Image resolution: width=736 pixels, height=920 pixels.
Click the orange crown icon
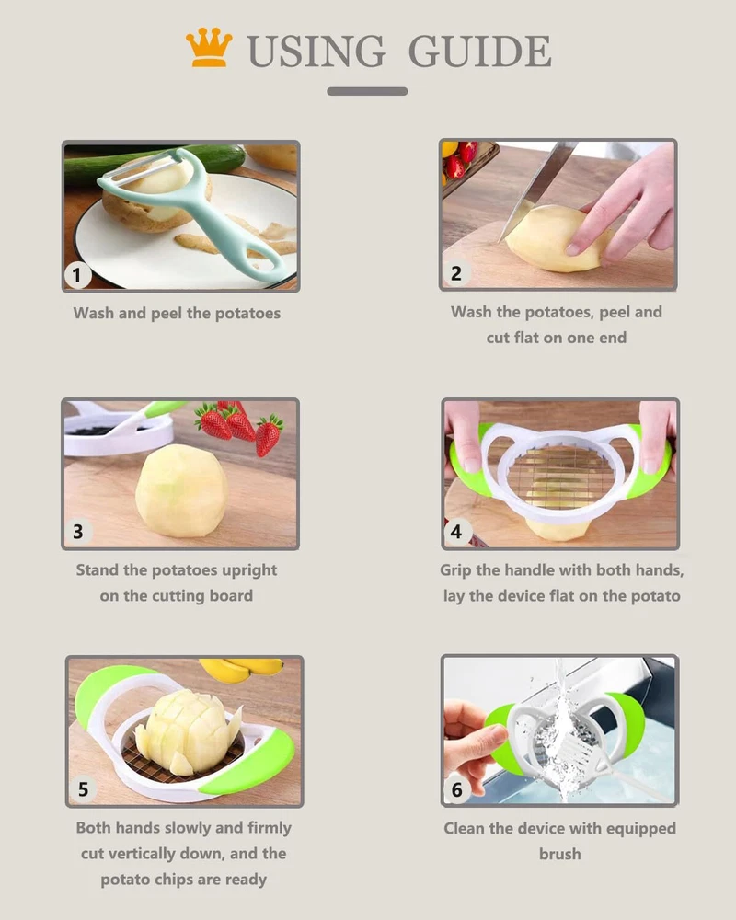point(208,47)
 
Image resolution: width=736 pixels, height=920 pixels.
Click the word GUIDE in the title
point(479,51)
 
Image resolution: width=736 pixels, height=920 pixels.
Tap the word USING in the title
point(316,51)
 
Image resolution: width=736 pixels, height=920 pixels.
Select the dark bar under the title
point(367,91)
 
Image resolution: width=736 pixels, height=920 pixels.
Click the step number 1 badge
point(77,274)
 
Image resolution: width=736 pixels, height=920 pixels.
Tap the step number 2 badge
point(456,273)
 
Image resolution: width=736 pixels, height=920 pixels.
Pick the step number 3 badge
point(78,531)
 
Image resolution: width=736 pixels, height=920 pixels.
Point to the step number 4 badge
point(456,532)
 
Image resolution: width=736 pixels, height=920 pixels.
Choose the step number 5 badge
point(83,789)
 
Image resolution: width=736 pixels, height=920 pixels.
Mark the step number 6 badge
point(456,789)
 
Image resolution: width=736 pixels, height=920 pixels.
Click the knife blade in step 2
point(536,189)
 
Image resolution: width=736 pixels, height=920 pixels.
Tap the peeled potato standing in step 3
point(182,490)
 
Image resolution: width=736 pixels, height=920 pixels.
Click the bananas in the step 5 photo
point(242,669)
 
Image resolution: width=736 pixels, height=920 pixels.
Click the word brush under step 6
point(560,854)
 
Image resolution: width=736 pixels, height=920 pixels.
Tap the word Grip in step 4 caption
point(456,570)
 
